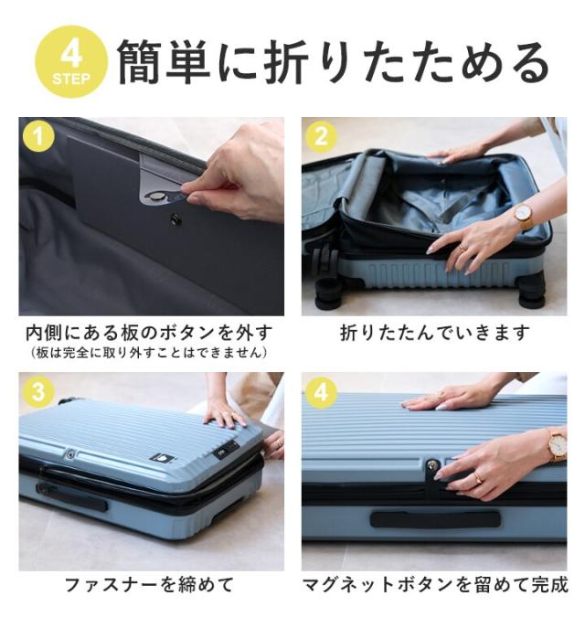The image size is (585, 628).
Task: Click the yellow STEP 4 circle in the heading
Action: pos(71,61)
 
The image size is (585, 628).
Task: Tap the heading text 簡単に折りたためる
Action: pos(334,63)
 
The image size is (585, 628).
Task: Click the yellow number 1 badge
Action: pos(38,136)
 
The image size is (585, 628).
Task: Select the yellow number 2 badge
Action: pos(321,136)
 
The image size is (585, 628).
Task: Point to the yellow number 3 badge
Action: pos(38,391)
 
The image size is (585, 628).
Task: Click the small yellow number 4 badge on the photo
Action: pos(321,391)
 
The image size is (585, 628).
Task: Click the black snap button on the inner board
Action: pos(175,219)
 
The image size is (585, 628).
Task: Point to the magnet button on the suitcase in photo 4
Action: pos(431,465)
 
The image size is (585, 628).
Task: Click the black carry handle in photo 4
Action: pos(435,519)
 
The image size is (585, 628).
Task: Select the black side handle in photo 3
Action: pos(71,495)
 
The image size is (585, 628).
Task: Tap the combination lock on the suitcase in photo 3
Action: pos(226,448)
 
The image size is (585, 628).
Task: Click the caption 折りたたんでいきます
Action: pos(435,333)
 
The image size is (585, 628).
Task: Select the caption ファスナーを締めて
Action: pos(149,585)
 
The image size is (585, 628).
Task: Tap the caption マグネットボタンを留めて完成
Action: pos(435,585)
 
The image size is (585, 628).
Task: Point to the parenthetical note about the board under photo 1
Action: pos(149,353)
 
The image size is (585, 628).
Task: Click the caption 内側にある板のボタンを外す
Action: pos(149,333)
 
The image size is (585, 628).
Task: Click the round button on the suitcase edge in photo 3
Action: pos(70,454)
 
